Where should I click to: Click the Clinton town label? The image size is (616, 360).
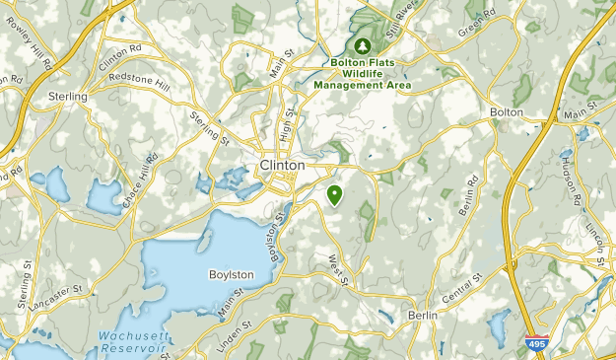coord(283,165)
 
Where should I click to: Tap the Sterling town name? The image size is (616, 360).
coord(67,97)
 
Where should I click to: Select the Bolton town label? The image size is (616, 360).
coord(506,112)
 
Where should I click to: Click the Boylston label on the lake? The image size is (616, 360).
coord(232,274)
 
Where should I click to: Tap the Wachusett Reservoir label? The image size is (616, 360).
coord(137,342)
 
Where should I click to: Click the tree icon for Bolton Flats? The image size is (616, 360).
coord(363,45)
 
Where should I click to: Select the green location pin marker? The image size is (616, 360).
coord(335,193)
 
